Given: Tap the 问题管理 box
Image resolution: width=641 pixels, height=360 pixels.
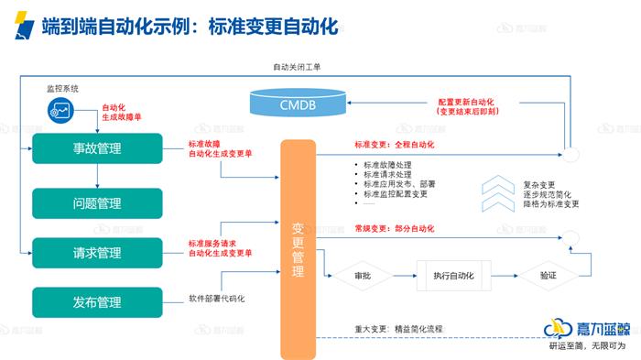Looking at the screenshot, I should [x=96, y=202].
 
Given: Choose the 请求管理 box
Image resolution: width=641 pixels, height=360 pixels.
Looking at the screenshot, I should [x=96, y=253].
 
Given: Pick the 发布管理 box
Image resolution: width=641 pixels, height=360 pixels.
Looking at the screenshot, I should [x=96, y=301].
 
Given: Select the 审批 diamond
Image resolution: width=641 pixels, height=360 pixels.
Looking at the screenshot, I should [x=363, y=274].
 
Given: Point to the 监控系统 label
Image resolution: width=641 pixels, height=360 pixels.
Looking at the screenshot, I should [x=63, y=88].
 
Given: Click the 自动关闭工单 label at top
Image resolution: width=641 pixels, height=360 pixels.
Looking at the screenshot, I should [x=297, y=67].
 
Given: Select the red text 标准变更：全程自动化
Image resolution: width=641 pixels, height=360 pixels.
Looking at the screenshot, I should [x=394, y=145].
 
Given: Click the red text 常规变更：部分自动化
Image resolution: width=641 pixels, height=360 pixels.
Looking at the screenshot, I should [x=394, y=227].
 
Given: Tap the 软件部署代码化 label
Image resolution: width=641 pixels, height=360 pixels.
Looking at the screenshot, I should [x=217, y=299].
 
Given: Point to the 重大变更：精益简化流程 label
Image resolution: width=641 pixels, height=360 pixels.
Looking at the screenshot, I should [x=398, y=327].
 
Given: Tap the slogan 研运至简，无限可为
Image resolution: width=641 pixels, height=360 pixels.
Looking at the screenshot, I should [x=586, y=347].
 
